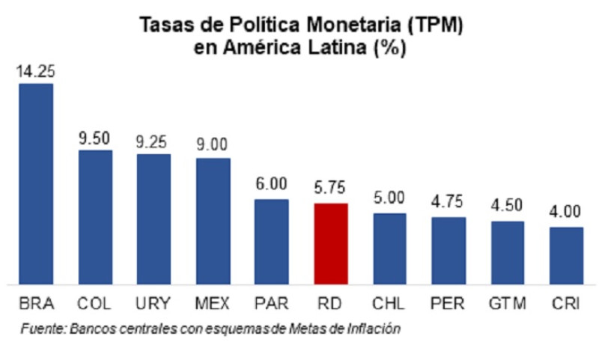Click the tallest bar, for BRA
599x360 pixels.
point(36,183)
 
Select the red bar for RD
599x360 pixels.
point(331,243)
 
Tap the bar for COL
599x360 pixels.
point(95,217)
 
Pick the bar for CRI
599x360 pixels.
point(566,255)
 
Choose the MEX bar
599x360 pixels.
point(213,221)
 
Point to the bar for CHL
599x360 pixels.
point(389,248)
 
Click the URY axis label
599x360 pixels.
point(153,305)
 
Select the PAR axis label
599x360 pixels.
point(272,305)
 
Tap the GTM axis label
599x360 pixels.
point(507,305)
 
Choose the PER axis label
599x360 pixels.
point(449,305)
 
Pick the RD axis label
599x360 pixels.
point(331,305)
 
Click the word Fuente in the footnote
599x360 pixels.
point(42,329)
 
